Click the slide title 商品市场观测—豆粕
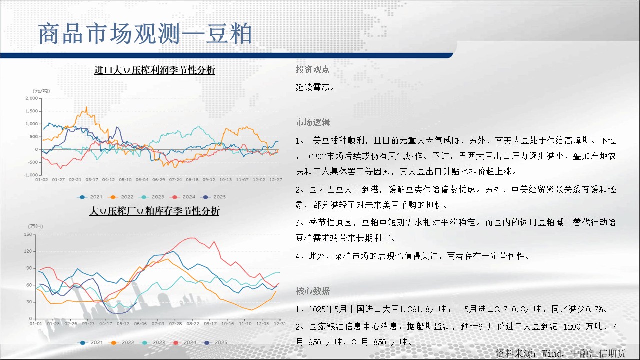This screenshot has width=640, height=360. click(145, 34)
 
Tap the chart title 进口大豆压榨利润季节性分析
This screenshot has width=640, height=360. click(155, 70)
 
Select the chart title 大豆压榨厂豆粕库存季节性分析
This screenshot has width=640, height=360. click(154, 211)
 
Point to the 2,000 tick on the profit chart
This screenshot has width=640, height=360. click(31, 98)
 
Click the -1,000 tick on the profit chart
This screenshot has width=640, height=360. click(31, 175)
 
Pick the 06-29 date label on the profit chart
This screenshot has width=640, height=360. click(159, 180)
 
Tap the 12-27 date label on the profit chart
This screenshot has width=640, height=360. click(276, 180)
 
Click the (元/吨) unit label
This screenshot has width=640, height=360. click(41, 91)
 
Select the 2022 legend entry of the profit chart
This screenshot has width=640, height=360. click(122, 197)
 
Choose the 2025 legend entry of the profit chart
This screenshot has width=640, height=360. click(214, 197)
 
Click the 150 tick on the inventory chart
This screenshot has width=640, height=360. click(28, 235)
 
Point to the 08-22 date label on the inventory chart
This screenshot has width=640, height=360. click(193, 324)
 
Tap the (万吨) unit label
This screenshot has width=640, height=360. click(35, 226)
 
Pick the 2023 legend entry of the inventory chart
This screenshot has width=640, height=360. click(153, 343)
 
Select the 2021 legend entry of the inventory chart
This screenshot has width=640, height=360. click(91, 343)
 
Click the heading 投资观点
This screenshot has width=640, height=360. click(313, 69)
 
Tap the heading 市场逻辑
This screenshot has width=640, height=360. click(313, 123)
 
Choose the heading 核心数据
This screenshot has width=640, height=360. click(313, 291)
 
